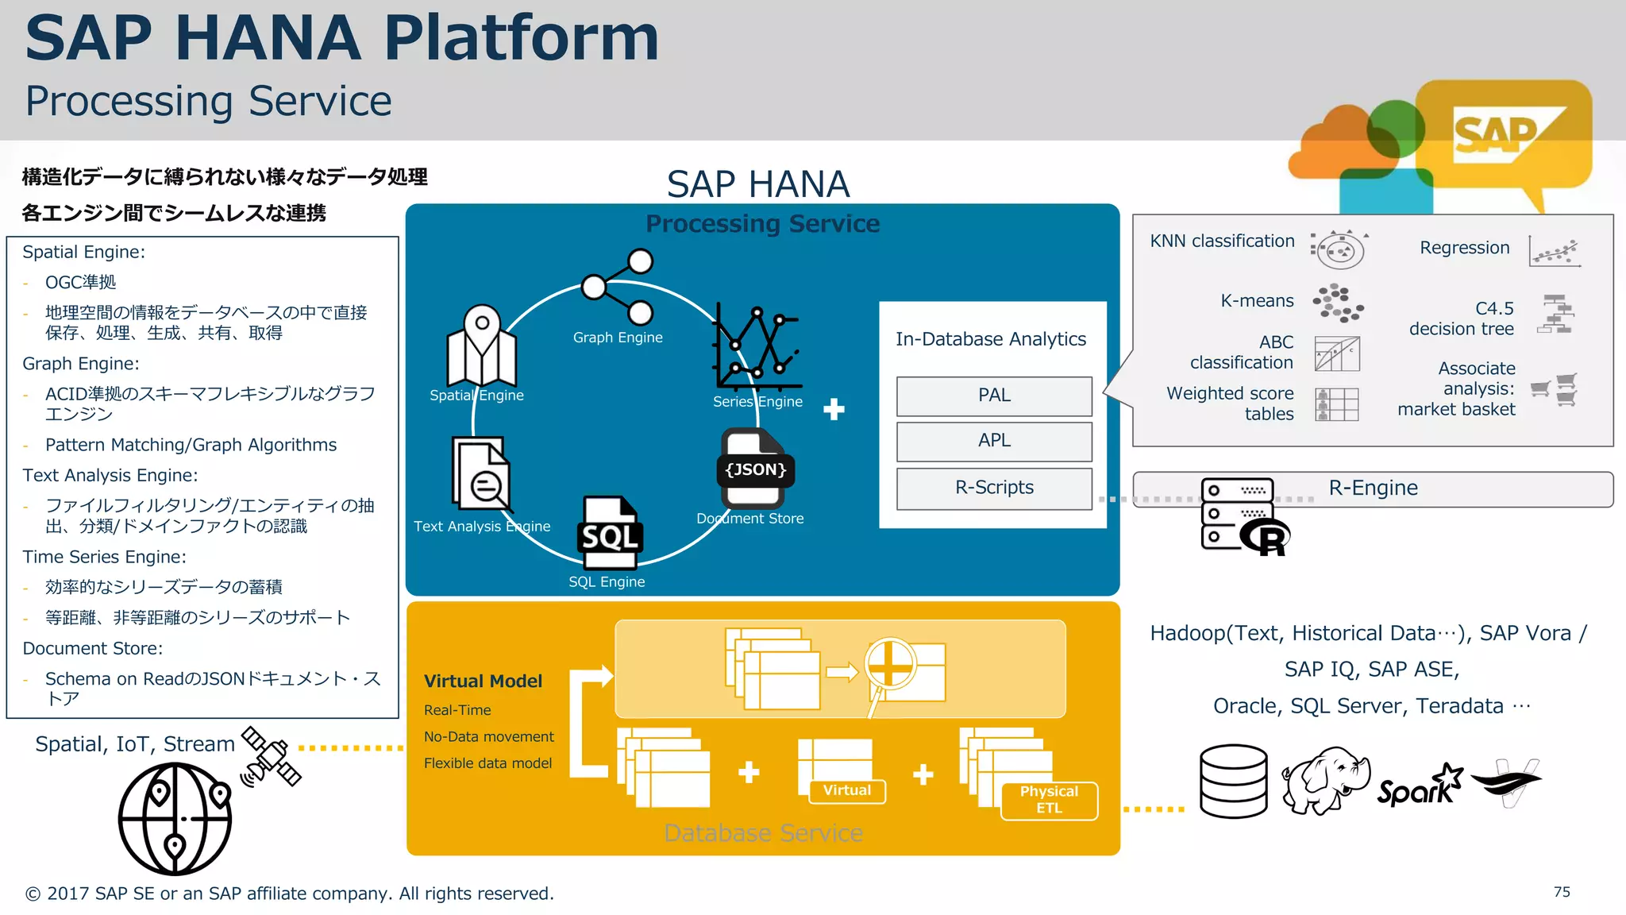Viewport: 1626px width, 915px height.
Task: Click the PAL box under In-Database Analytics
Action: click(x=994, y=396)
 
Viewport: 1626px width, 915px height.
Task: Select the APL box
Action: click(x=994, y=441)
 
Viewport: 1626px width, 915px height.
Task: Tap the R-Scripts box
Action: click(x=994, y=488)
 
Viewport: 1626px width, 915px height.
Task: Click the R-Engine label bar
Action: click(x=1373, y=488)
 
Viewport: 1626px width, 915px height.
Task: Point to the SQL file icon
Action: click(x=609, y=533)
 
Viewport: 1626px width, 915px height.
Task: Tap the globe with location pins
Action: click(x=175, y=818)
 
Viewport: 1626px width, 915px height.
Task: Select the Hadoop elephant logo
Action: click(x=1325, y=780)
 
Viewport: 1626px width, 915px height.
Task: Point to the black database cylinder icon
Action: click(x=1233, y=782)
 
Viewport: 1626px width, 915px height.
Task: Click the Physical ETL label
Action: click(x=1049, y=800)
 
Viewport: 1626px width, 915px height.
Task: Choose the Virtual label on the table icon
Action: click(x=846, y=790)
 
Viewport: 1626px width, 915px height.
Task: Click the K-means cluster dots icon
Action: click(x=1338, y=303)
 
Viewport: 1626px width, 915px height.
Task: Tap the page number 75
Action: click(x=1562, y=892)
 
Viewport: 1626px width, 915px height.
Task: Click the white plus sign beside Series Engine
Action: click(x=834, y=409)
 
